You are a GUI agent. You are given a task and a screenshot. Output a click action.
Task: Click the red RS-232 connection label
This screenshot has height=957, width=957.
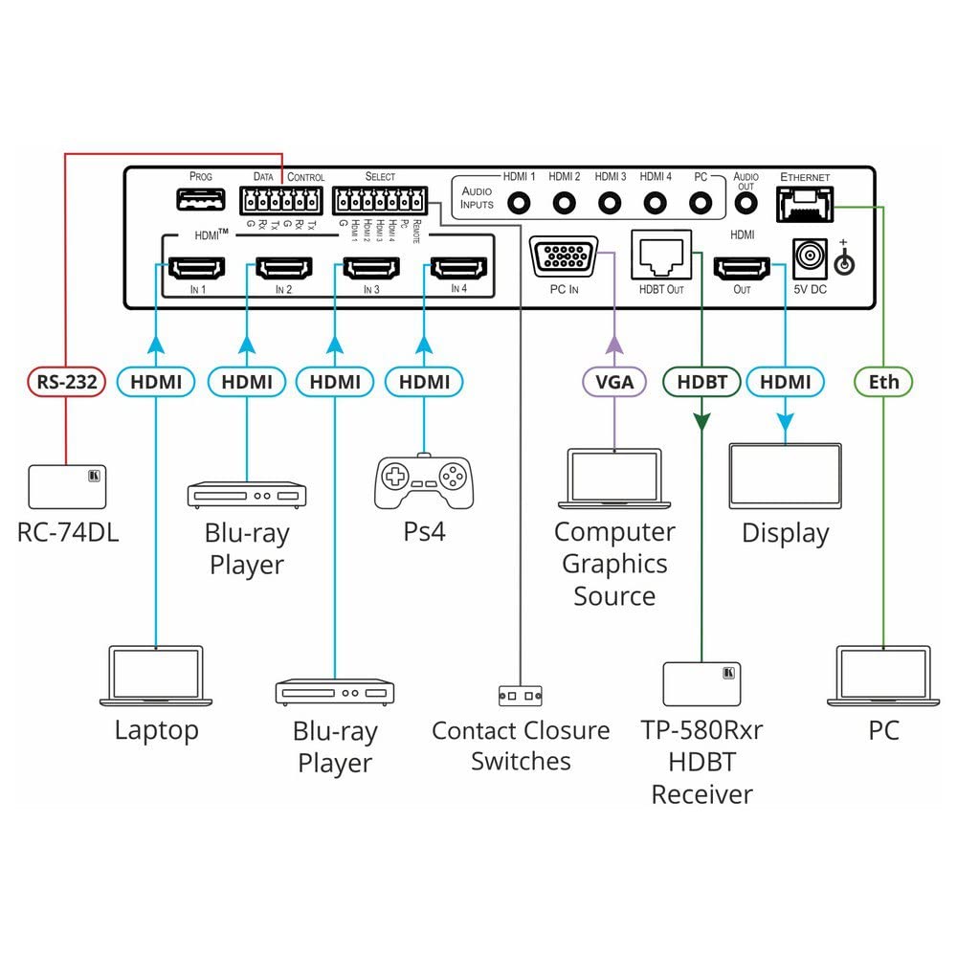pos(65,383)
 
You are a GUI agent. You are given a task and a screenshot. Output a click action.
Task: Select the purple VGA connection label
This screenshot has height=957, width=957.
pos(613,383)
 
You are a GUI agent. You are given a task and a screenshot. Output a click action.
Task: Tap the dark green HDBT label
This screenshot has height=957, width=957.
pos(701,383)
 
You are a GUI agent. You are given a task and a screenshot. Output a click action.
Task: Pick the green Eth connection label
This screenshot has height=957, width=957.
pos(883,383)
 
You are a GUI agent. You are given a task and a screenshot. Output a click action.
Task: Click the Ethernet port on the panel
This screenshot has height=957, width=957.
pos(805,203)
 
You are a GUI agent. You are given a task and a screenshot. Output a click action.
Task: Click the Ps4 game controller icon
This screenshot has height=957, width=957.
pos(422,480)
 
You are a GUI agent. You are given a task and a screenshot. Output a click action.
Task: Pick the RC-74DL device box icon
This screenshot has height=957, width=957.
pos(68,487)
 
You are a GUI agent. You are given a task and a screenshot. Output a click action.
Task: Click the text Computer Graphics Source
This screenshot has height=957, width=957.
pos(614,564)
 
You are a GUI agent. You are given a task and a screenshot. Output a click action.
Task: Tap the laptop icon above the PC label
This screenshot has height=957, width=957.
pos(882,678)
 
